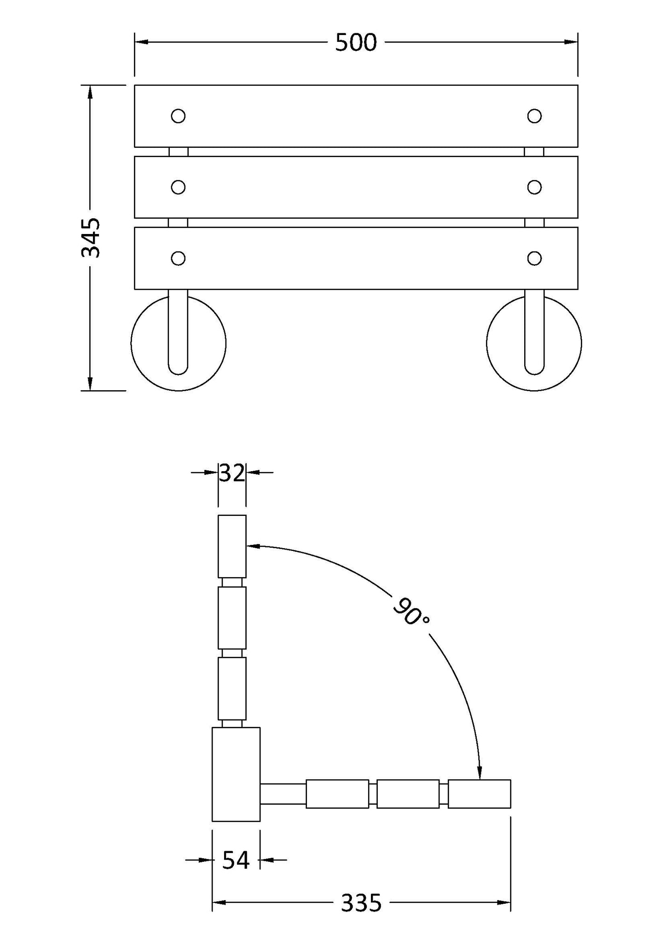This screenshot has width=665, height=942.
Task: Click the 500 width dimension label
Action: pos(356,43)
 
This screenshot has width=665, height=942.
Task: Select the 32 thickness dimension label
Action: pos(232,473)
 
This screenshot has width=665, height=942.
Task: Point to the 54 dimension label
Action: pos(236,860)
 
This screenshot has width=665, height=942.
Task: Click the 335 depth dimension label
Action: pos(361,902)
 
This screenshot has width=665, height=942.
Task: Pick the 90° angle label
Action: pos(411,611)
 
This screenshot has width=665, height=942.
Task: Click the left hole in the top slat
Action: pos(178,116)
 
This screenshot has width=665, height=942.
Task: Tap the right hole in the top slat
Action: pos(534,116)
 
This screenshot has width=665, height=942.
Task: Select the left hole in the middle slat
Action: pos(178,187)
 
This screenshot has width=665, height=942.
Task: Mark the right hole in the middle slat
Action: pos(534,187)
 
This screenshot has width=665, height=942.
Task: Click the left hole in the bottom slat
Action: pos(178,258)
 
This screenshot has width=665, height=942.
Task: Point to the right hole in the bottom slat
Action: pos(534,258)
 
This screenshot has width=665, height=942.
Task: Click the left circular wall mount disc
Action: pos(179,343)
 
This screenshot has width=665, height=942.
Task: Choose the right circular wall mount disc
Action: pos(534,343)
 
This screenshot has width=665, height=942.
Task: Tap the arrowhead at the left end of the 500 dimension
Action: pos(141,42)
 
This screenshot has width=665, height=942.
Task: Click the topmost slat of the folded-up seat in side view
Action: pos(232,546)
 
